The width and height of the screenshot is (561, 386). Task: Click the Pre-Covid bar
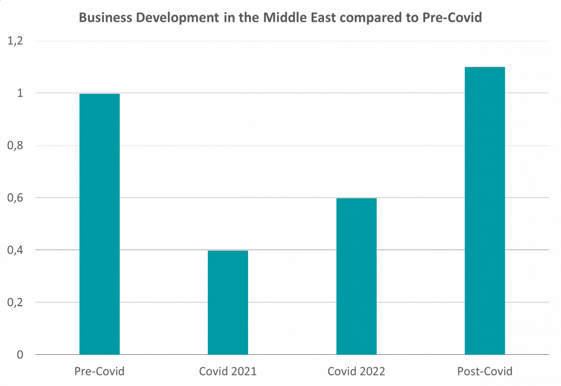coord(99,224)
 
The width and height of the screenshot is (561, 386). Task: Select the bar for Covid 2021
coord(228,303)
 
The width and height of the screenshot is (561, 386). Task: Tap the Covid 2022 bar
coord(356,276)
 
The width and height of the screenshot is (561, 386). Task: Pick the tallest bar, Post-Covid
coord(485,211)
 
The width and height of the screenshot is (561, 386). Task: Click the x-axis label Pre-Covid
coord(99,372)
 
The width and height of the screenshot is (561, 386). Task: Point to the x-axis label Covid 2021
coord(228,372)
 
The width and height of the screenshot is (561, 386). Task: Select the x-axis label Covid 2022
coord(356,372)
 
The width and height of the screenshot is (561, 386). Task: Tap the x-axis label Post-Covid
coord(485,372)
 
